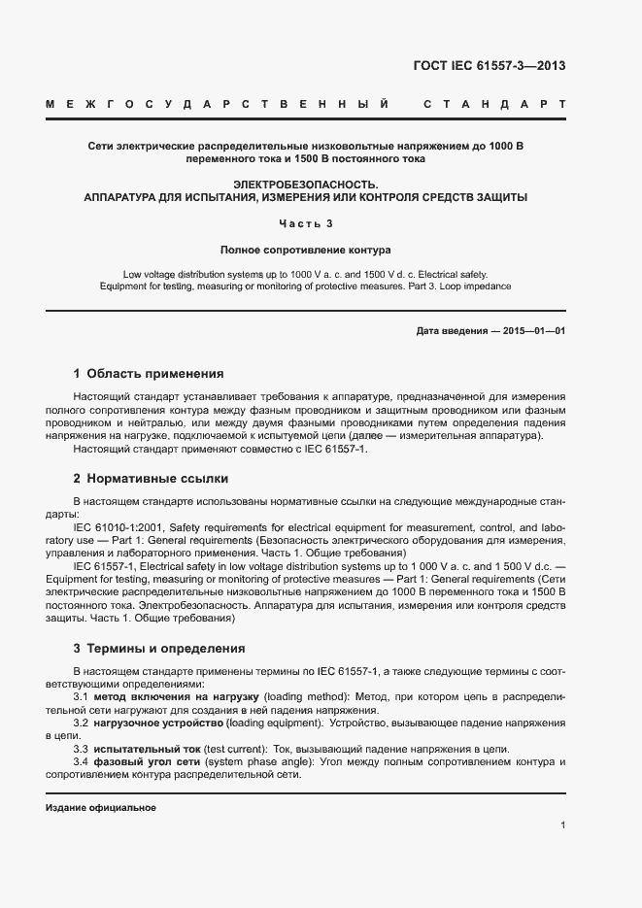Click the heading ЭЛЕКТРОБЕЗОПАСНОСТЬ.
coord(306,184)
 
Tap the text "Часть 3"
coord(306,223)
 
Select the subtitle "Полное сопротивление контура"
coord(305,249)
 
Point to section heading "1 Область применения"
coord(149,374)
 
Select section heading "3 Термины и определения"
coord(159,649)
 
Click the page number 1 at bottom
coord(563,825)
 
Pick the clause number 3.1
coord(82,697)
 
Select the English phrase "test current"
coord(239,748)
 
